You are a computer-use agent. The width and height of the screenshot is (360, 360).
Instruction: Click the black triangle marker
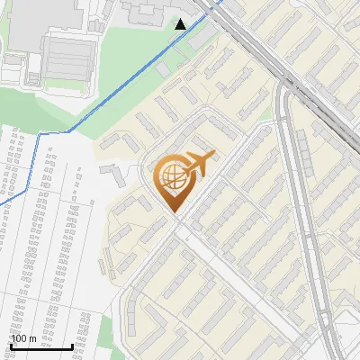click(x=181, y=23)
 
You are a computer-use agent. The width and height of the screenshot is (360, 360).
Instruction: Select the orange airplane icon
click(x=200, y=164)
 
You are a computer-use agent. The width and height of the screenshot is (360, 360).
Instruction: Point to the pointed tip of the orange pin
click(x=175, y=213)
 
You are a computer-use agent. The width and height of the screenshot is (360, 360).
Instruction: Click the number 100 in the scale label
click(x=19, y=338)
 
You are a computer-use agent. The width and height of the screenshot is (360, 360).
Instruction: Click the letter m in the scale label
click(x=33, y=338)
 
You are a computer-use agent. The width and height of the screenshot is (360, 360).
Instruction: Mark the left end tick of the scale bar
click(x=10, y=345)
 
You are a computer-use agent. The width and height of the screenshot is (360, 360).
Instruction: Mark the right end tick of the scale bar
click(x=72, y=345)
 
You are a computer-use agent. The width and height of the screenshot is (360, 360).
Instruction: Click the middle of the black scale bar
click(x=40, y=346)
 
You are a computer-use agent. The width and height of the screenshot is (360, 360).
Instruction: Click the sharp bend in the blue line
click(x=39, y=132)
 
